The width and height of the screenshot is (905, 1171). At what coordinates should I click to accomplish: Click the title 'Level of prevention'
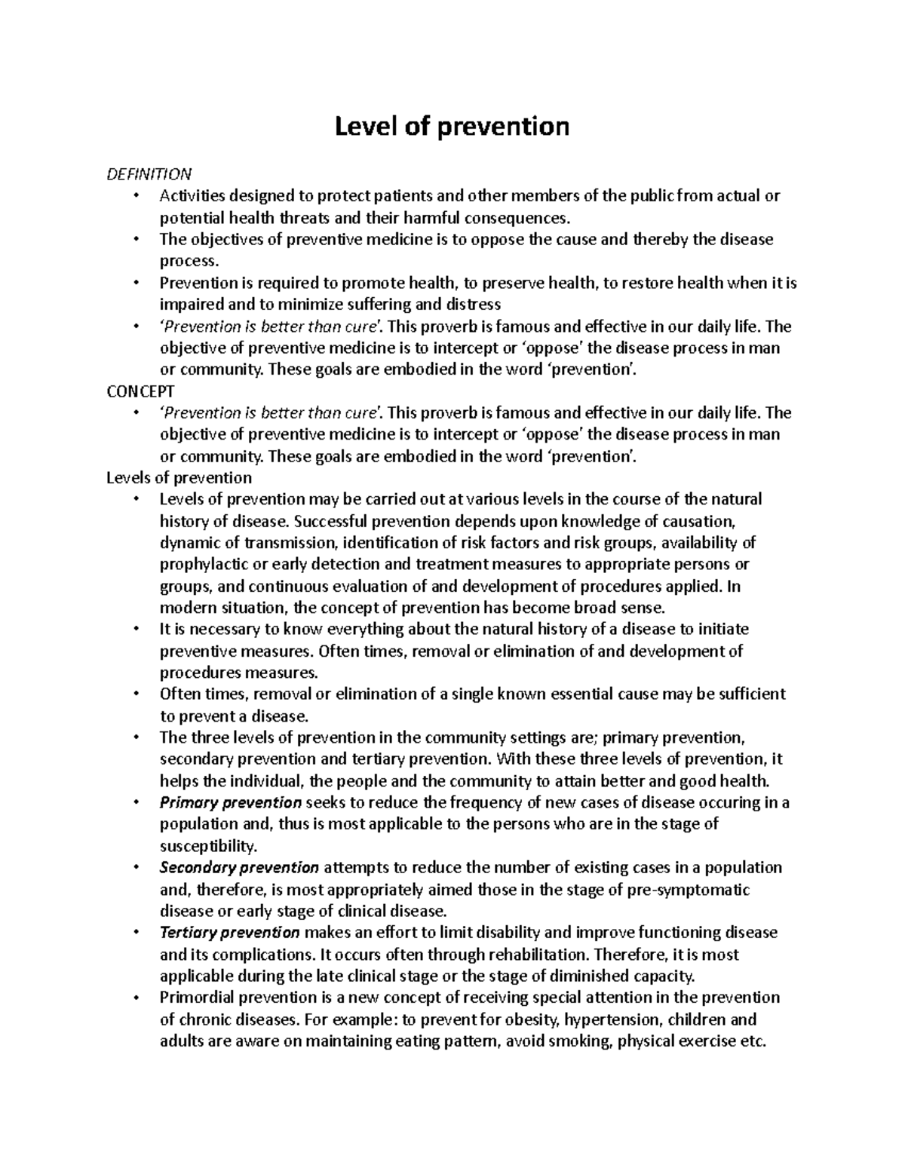point(452,126)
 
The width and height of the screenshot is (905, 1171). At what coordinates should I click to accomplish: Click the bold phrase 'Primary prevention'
point(231,802)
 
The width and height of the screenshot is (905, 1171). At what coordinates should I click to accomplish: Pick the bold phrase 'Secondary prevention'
point(239,867)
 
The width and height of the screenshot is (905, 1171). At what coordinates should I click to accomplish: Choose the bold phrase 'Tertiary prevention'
point(230,933)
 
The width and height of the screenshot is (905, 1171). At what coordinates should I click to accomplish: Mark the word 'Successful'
point(330,521)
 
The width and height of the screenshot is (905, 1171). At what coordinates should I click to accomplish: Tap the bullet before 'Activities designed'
point(136,197)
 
